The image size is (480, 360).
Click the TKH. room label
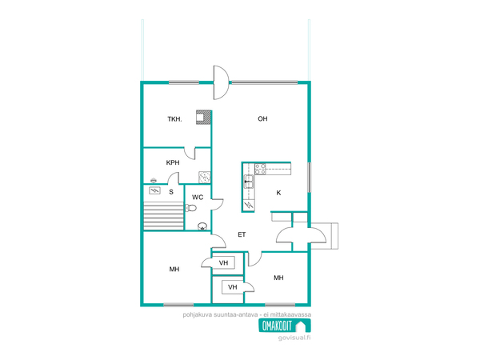(x=174, y=119)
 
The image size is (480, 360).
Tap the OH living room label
(x=262, y=118)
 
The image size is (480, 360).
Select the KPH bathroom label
(x=173, y=162)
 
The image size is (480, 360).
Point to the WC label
(x=198, y=197)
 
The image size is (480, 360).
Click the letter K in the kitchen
(x=278, y=193)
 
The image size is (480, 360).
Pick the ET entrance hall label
(x=242, y=234)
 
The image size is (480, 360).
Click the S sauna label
(x=171, y=192)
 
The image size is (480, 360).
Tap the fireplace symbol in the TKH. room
(x=203, y=118)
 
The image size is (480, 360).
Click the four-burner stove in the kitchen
(x=260, y=169)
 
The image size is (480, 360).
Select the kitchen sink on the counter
(x=249, y=182)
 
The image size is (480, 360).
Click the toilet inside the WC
(x=190, y=209)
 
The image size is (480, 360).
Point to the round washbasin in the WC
(x=202, y=226)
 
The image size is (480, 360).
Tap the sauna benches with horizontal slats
(x=163, y=215)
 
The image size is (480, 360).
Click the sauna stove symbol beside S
(x=154, y=190)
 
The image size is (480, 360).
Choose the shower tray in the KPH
(x=205, y=178)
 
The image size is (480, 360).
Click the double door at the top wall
(x=221, y=82)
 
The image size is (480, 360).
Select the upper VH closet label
(x=223, y=262)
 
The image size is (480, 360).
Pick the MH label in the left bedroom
(x=174, y=269)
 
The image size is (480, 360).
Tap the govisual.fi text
(x=294, y=338)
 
